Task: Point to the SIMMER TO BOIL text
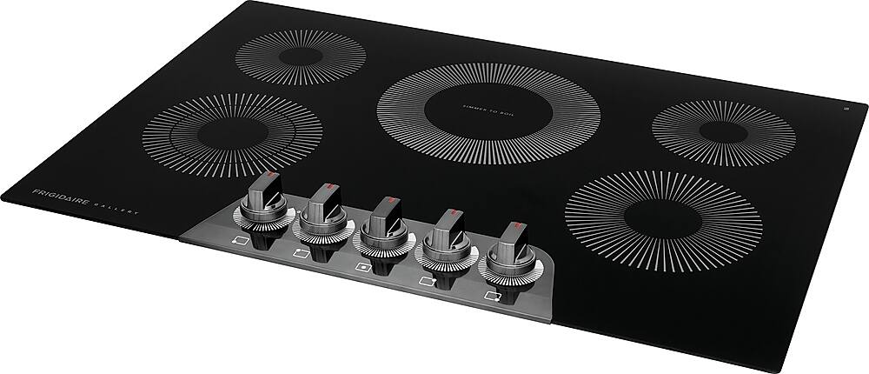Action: (x=488, y=106)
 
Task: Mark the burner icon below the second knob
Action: (x=302, y=254)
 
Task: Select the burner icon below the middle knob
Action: (x=362, y=268)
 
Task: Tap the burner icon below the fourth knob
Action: (x=427, y=281)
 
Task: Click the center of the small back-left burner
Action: (x=300, y=57)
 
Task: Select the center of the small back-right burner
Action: (x=724, y=133)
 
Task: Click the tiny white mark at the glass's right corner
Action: (x=846, y=108)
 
